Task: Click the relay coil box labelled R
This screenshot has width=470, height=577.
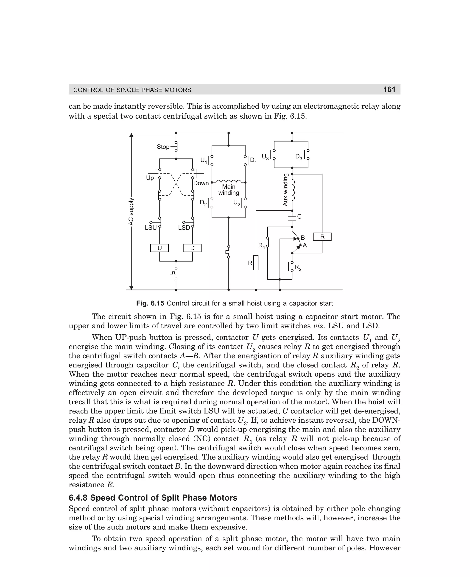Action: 322,237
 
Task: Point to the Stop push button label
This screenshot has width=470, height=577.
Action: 163,147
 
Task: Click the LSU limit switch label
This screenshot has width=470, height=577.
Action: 151,228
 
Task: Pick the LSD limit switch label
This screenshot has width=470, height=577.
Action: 184,228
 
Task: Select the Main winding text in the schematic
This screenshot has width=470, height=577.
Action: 229,190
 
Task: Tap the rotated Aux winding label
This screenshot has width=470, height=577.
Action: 285,190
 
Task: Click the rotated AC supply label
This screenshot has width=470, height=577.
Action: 131,211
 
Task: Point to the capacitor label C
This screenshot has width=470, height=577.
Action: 299,217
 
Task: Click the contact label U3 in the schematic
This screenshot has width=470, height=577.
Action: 266,157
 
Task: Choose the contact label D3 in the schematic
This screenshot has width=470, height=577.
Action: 299,157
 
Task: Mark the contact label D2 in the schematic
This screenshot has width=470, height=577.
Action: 204,203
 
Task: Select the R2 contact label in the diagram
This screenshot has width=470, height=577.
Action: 298,268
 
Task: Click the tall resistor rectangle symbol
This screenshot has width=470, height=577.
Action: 256,262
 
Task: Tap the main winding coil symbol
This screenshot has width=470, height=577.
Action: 229,181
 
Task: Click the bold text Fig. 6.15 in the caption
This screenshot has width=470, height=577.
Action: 150,303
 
